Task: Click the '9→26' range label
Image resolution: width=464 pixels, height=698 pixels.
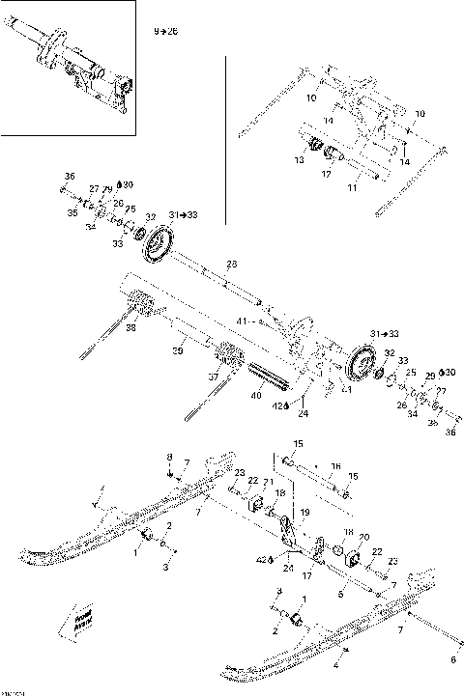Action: pos(167,32)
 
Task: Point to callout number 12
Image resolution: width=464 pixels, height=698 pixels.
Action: pos(327,174)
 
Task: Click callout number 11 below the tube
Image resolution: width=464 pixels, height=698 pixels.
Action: pos(352,188)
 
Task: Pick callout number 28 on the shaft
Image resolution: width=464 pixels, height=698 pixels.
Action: pos(231,263)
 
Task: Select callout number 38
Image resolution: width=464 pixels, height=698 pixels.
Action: pos(130,327)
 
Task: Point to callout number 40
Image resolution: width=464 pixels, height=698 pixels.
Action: pos(256,394)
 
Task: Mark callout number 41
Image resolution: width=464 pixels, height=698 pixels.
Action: pos(242,319)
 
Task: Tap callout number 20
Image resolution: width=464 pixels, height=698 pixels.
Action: pos(363,537)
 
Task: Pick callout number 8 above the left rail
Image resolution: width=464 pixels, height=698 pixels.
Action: pos(169,456)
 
